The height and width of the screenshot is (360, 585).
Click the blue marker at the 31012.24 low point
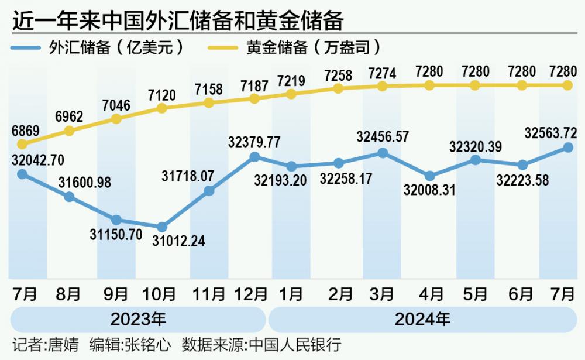point(162,227)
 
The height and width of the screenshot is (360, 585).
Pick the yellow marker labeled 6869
point(22,144)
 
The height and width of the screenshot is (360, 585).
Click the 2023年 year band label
point(138,320)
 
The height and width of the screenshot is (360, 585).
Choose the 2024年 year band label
point(422,320)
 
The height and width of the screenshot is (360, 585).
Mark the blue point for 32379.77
point(254,157)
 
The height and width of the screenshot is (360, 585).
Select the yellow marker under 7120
point(162,108)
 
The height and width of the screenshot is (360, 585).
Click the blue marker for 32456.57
point(383,153)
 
